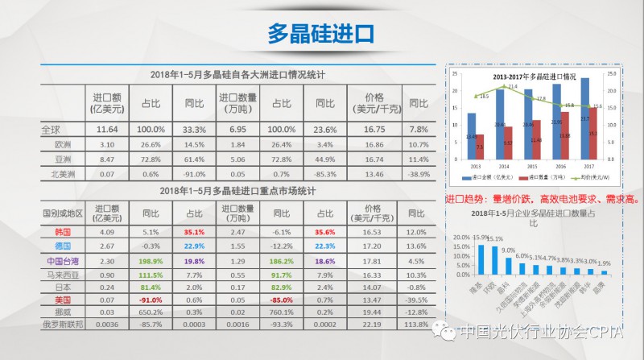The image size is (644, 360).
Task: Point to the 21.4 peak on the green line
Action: (505, 87)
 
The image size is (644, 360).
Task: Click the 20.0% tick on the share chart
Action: (460, 238)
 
